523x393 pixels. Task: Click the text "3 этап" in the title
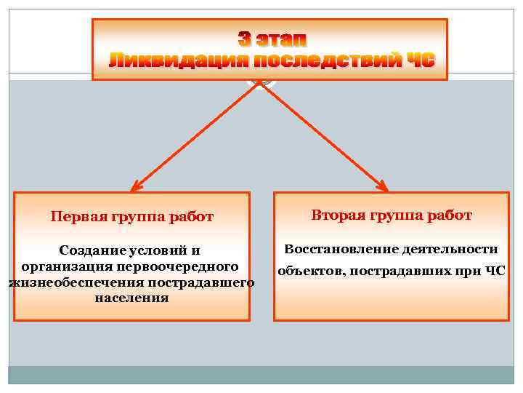272,38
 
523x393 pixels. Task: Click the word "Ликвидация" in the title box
153,60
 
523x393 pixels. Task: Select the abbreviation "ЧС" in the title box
419,60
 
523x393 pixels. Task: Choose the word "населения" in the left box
131,298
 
